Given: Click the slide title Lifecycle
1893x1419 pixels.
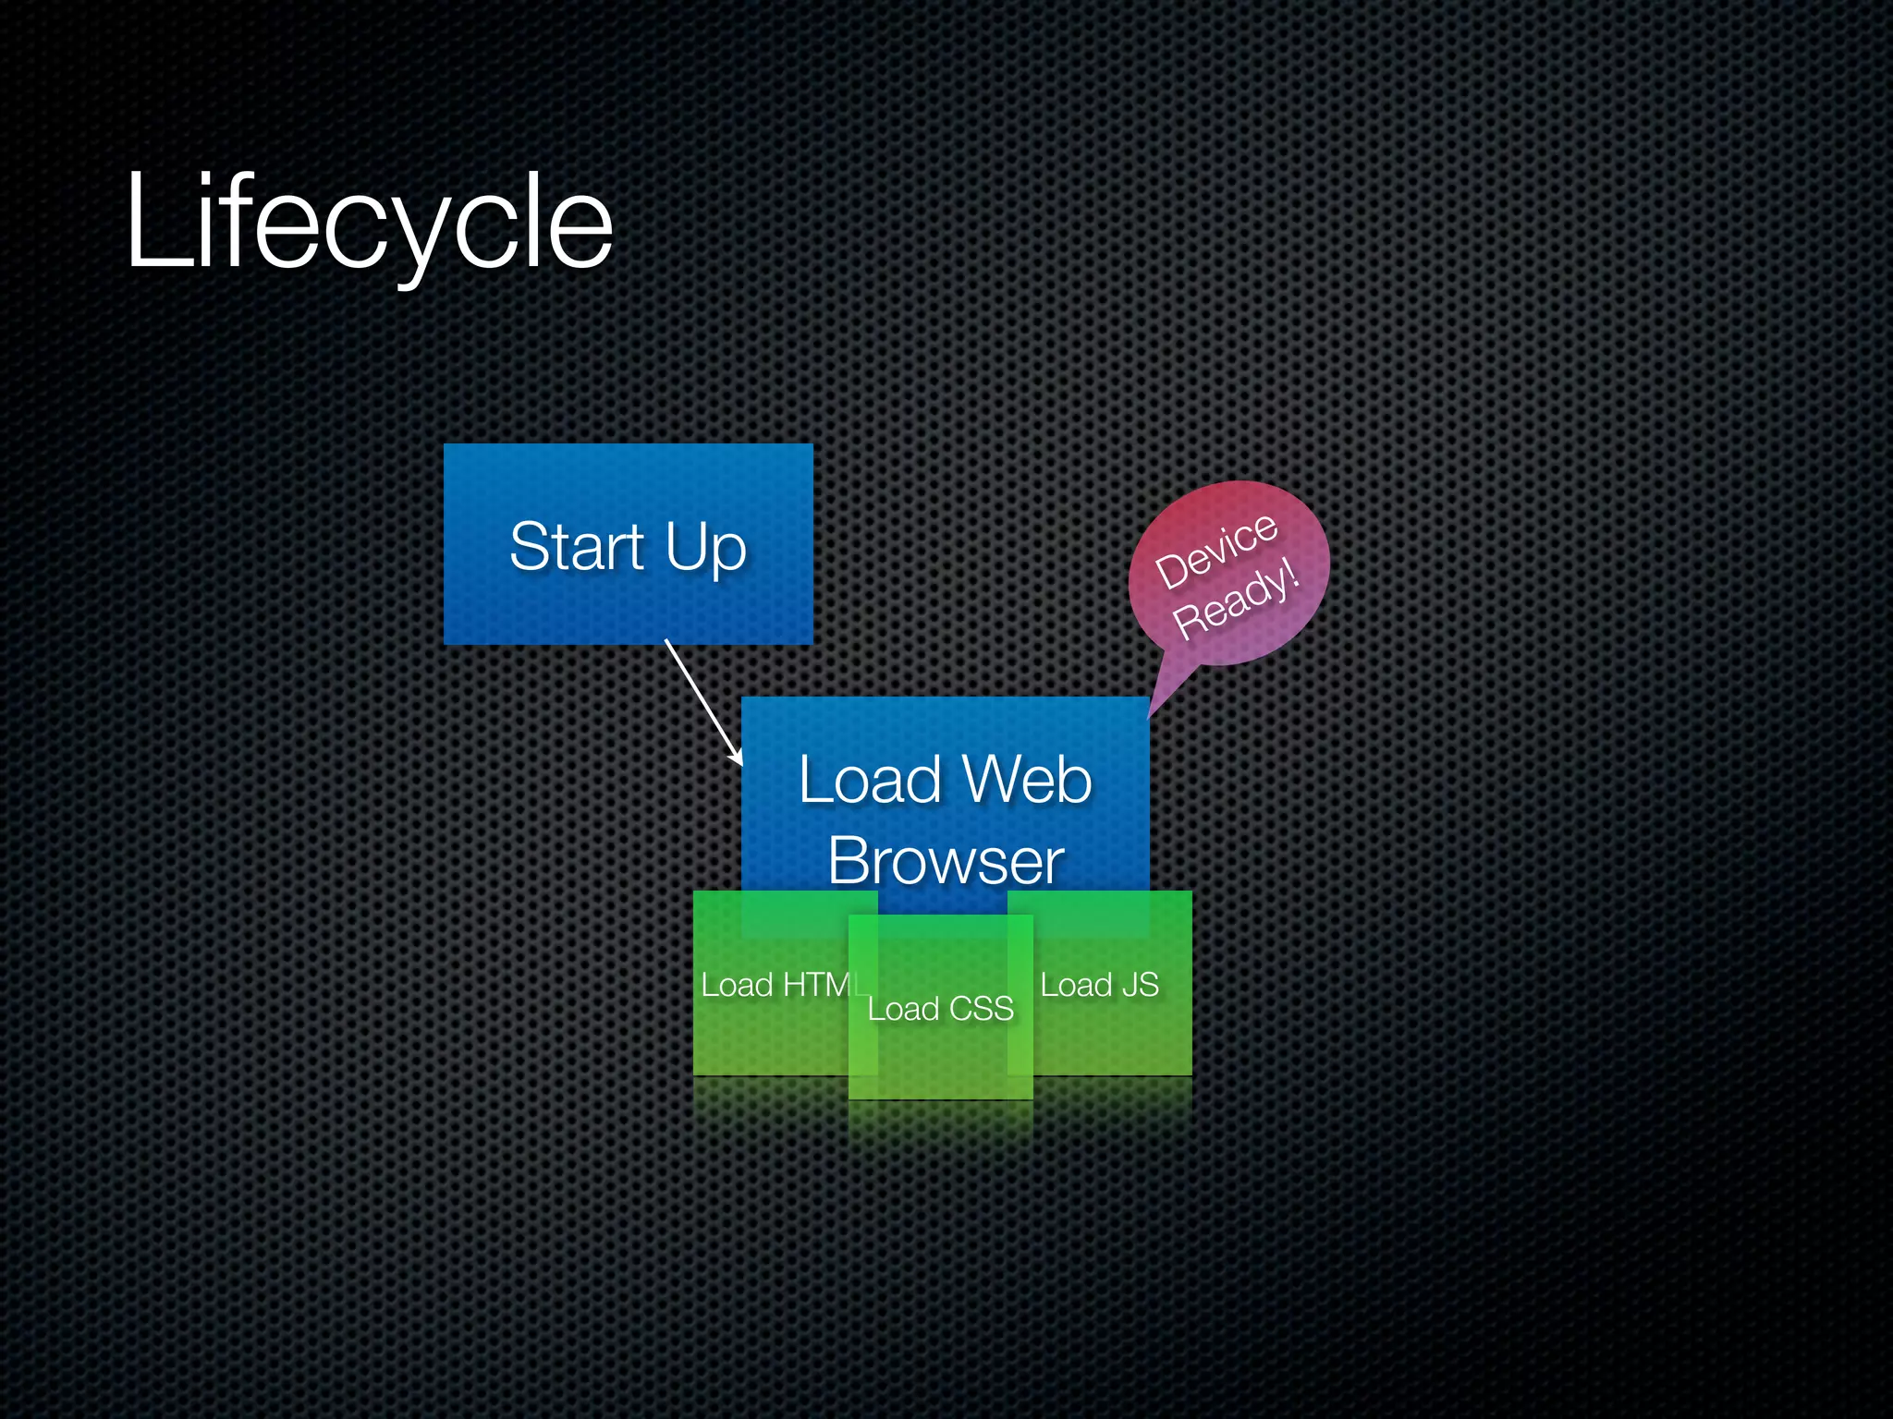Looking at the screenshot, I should coord(370,222).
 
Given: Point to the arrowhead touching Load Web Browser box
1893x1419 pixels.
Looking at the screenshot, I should coord(738,759).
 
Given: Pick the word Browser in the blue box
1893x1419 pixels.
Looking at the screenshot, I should coord(946,861).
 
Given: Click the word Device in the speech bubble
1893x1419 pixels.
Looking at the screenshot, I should coord(1216,551).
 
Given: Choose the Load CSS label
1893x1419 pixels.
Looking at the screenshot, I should coord(940,1009).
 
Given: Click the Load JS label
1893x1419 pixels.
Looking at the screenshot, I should coord(1099,985).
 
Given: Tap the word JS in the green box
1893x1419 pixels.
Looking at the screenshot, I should coord(1140,985).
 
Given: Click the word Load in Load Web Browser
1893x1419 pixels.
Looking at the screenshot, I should coord(869,780).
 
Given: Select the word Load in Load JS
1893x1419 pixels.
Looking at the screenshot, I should coord(1076,985).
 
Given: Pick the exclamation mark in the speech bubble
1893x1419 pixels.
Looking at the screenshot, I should coord(1293,575).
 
